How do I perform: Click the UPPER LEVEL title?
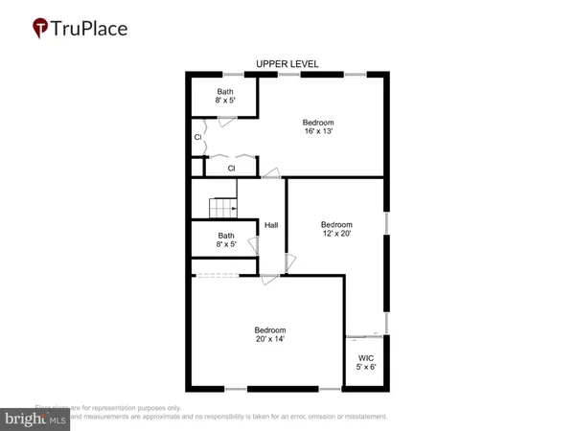[x=287, y=64]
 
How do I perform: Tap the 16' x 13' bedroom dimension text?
[x=319, y=132]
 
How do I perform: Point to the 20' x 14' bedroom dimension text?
[x=270, y=339]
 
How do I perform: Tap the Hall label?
[x=271, y=225]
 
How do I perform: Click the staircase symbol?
[x=222, y=207]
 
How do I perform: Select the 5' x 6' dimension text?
[x=365, y=366]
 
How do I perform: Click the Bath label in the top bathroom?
[x=224, y=92]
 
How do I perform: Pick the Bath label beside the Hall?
[x=226, y=236]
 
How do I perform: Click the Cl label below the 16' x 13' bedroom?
[x=231, y=169]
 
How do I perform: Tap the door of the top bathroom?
[x=227, y=120]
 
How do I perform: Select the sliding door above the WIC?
[x=365, y=335]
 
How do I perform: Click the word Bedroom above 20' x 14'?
[x=270, y=329]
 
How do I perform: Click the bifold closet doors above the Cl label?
[x=231, y=156]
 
